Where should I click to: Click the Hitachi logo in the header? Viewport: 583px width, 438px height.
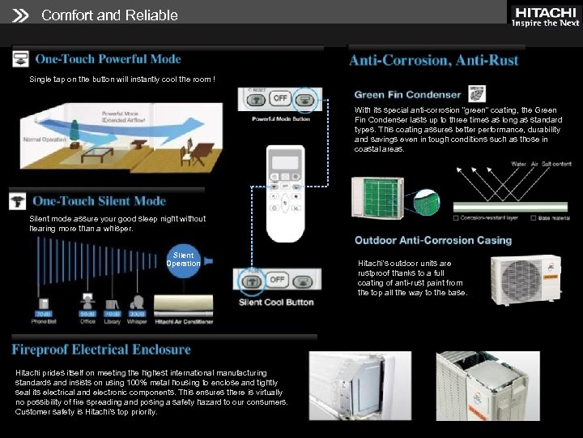click(x=544, y=16)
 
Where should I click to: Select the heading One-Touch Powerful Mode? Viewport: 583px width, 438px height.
click(x=108, y=59)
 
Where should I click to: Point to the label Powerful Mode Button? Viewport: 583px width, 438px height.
click(x=280, y=119)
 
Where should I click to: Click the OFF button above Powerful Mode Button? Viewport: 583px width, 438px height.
click(x=279, y=98)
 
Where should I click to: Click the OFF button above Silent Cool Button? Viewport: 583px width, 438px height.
click(x=277, y=280)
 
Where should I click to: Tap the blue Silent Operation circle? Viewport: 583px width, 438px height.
click(x=184, y=260)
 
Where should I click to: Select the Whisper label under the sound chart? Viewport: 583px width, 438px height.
click(x=137, y=321)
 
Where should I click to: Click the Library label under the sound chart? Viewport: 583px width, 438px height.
click(x=113, y=321)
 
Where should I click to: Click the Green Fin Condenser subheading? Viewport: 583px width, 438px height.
click(x=407, y=95)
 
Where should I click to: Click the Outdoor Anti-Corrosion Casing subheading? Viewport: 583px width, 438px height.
click(x=433, y=241)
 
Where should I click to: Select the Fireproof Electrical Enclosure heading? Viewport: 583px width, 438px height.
click(x=101, y=350)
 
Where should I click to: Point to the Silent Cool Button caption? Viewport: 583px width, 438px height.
click(x=276, y=303)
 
